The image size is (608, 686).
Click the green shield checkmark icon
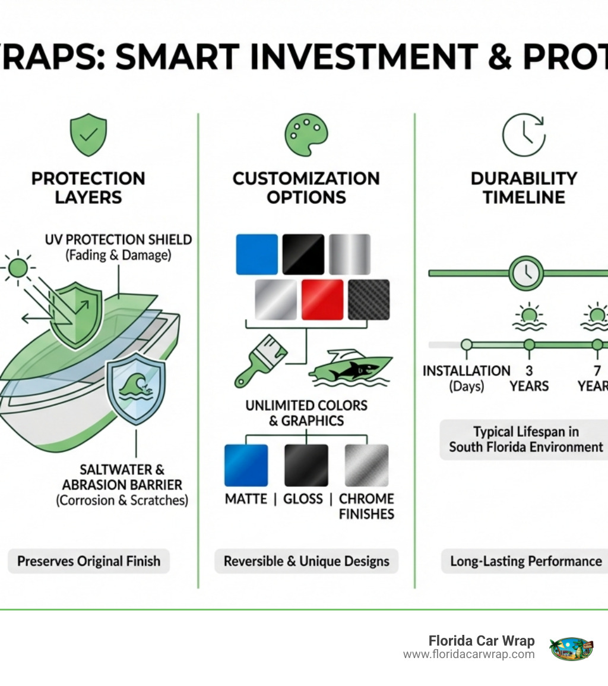(88, 136)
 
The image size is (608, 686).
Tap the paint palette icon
(306, 136)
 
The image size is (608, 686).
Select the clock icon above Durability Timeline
(522, 136)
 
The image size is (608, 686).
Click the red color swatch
(322, 300)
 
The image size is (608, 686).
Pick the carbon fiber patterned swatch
(369, 300)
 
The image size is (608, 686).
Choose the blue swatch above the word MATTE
(246, 465)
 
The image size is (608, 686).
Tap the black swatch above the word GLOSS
(306, 465)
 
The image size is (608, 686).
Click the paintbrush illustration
(261, 360)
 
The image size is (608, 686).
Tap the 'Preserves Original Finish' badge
(88, 561)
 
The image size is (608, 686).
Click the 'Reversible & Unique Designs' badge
(306, 561)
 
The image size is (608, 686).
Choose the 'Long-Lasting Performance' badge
(525, 561)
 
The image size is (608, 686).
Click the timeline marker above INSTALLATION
(467, 345)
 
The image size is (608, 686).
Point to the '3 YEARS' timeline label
(528, 379)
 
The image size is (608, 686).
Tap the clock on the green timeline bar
(526, 273)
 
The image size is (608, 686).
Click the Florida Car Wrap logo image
(572, 647)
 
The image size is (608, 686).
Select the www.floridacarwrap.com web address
(468, 654)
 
